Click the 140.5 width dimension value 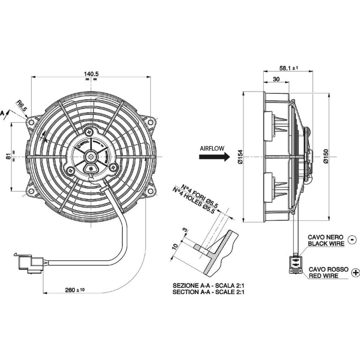click(91, 74)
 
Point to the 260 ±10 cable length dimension click(75, 290)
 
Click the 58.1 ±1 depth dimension click(288, 68)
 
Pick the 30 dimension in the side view click(276, 79)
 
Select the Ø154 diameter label click(240, 157)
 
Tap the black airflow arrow click(214, 157)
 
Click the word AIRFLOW click(212, 148)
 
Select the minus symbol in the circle click(353, 240)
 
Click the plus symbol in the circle click(355, 273)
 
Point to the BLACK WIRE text click(326, 243)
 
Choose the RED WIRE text click(323, 276)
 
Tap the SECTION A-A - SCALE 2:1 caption click(208, 292)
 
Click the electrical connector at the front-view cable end click(29, 264)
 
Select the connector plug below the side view click(296, 265)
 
